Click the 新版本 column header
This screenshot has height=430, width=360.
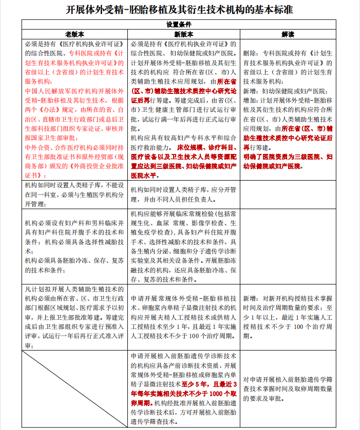click(183, 34)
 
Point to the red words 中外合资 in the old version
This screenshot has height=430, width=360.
click(35, 148)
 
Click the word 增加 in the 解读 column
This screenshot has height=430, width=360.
click(250, 100)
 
